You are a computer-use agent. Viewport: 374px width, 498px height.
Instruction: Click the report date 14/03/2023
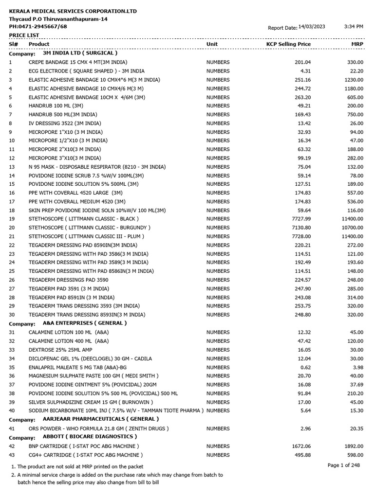pos(312,27)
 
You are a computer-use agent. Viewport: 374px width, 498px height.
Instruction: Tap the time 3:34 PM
pos(354,27)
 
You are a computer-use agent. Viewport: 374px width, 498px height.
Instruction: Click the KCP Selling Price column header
pos(288,44)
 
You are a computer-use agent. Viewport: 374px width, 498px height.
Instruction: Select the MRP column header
pos(357,44)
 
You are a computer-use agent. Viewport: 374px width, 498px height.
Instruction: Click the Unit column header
pos(212,44)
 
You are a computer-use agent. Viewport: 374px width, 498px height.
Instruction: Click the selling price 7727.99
pos(299,219)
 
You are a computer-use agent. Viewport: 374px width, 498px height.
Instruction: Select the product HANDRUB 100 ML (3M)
pos(56,106)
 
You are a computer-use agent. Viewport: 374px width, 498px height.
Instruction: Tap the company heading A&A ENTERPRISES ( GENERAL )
pos(85,323)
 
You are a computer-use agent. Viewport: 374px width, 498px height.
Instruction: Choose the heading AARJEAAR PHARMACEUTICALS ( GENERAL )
pos(101,419)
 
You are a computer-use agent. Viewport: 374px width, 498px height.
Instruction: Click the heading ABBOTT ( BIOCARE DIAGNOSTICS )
pos(90,437)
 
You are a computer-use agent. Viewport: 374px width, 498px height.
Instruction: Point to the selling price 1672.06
pos(299,446)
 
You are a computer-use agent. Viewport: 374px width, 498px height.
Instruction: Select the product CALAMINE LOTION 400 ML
pos(69,341)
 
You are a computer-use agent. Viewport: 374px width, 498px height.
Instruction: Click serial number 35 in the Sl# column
pos(12,367)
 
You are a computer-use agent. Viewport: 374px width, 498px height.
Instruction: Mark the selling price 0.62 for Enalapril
pos(306,367)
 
